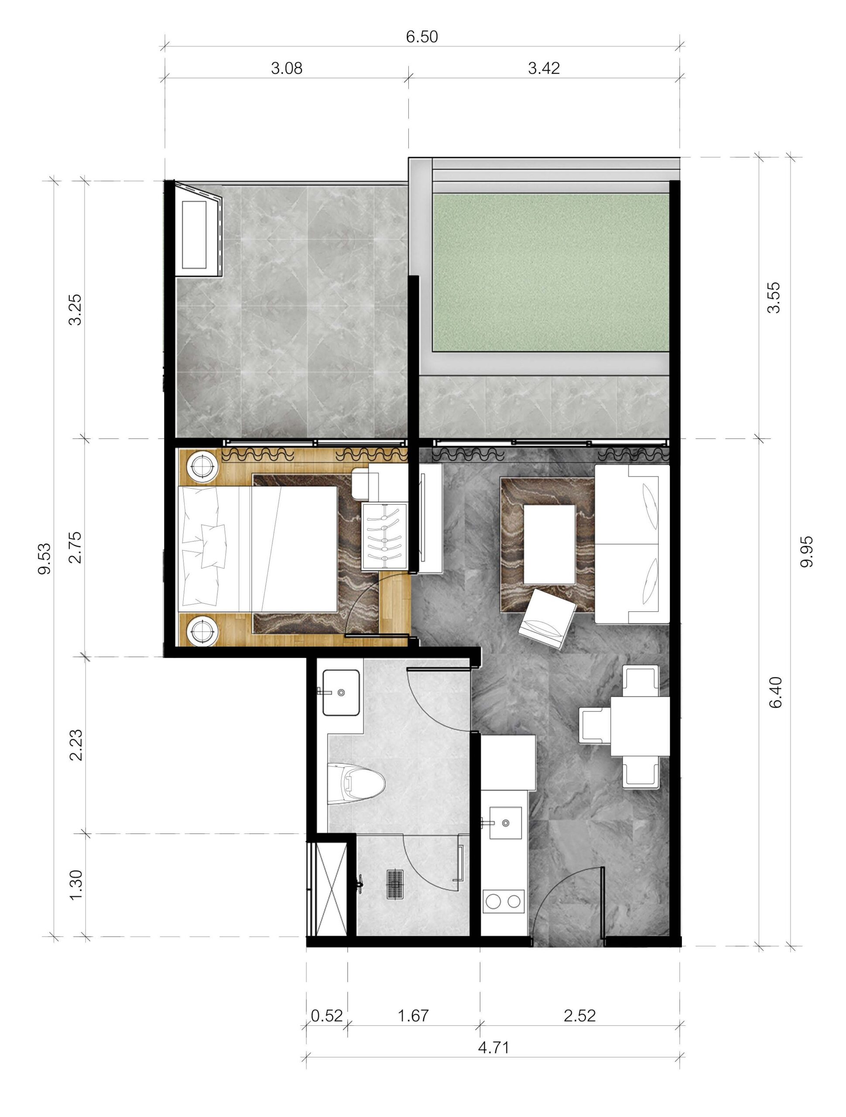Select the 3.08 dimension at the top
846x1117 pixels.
point(287,68)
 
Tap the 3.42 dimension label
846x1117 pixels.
point(544,68)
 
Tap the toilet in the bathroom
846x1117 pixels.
point(356,784)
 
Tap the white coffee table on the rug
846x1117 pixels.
point(549,543)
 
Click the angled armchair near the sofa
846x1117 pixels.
point(548,619)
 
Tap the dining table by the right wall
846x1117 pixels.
point(640,726)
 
